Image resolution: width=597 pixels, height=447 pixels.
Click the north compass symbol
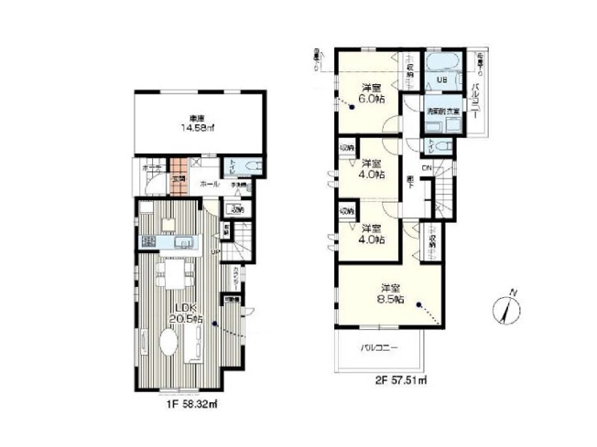[510, 307]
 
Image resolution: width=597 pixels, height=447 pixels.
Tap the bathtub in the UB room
[448, 64]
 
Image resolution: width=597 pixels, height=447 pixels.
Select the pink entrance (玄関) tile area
[180, 176]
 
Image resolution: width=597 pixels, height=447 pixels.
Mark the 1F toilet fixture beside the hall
[254, 165]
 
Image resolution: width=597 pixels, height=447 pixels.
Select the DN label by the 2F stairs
[427, 167]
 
